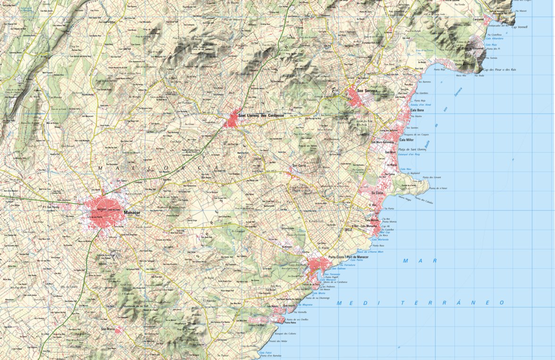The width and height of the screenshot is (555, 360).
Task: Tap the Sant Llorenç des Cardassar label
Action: tap(261, 116)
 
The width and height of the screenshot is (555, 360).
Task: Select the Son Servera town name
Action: tap(367, 91)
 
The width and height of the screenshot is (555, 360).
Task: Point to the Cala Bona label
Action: tap(417, 110)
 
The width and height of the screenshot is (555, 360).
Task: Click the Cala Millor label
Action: tap(406, 140)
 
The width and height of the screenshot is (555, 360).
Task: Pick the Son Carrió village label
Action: tap(300, 166)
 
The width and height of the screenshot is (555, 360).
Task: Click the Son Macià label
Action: tap(108, 329)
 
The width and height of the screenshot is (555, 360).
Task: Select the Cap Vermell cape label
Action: tap(520, 27)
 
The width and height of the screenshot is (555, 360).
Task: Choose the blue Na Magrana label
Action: tap(305, 305)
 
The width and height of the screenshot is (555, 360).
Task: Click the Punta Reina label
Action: tap(290, 323)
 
